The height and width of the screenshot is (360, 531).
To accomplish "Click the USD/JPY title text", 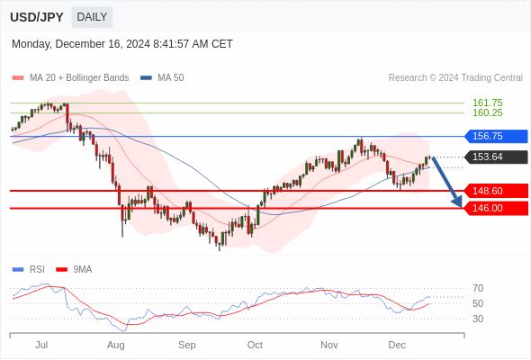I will pyautogui.click(x=37, y=17).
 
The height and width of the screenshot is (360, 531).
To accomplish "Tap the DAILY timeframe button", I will pyautogui.click(x=92, y=17).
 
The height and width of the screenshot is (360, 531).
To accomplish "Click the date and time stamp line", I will pyautogui.click(x=122, y=43).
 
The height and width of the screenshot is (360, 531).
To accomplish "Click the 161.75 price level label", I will pyautogui.click(x=487, y=103).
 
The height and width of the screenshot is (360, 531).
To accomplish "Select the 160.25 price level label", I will pyautogui.click(x=487, y=112).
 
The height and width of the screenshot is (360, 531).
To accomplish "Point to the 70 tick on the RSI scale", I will pyautogui.click(x=478, y=288).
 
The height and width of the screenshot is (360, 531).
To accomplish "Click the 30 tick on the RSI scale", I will pyautogui.click(x=478, y=319).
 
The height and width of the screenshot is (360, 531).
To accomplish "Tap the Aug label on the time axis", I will pyautogui.click(x=116, y=345).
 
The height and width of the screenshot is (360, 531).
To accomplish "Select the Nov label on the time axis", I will pyautogui.click(x=328, y=345).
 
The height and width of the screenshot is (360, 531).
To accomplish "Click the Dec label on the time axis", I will pyautogui.click(x=397, y=345).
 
